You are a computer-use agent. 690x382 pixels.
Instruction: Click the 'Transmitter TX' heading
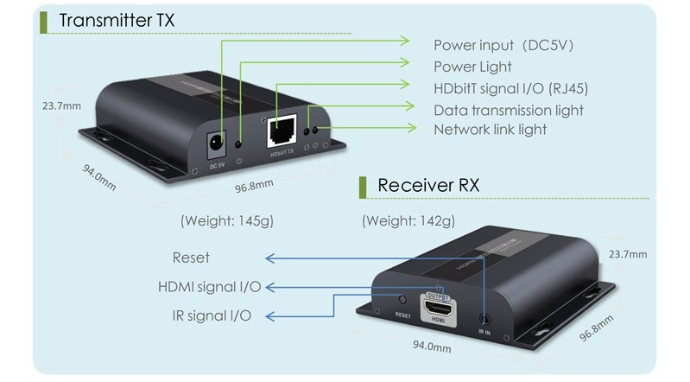pyautogui.click(x=119, y=22)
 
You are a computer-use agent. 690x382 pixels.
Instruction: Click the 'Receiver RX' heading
pyautogui.click(x=428, y=186)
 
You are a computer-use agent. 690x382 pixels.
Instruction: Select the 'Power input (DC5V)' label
pyautogui.click(x=503, y=45)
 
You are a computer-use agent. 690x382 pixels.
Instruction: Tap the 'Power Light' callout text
pyautogui.click(x=472, y=67)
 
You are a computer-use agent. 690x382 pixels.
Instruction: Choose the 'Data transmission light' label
pyautogui.click(x=509, y=110)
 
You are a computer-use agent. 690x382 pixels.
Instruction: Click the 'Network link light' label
pyautogui.click(x=490, y=130)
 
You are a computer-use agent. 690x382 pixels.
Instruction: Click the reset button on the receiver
pyautogui.click(x=402, y=299)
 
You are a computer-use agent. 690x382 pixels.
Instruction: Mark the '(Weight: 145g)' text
pyautogui.click(x=227, y=220)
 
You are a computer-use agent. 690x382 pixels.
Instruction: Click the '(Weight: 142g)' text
pyautogui.click(x=408, y=220)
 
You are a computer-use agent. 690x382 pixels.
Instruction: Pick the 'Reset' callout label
pyautogui.click(x=191, y=258)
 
